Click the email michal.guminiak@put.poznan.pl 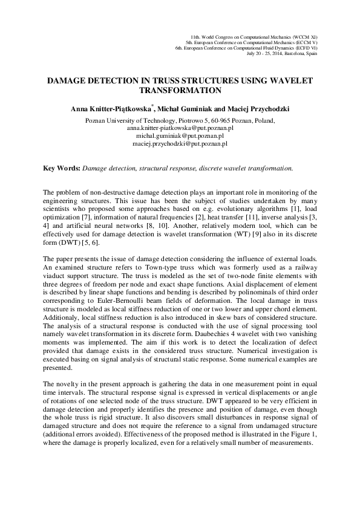180,137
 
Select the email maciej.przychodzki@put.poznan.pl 180,144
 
